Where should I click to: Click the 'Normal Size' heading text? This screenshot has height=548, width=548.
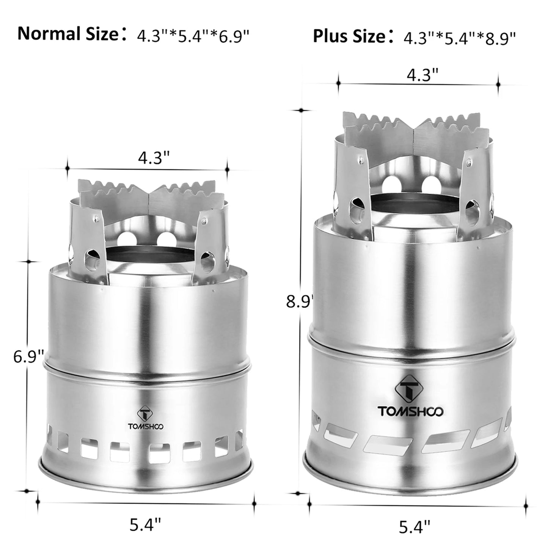[68, 34]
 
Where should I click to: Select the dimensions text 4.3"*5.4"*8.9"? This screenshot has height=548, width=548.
[459, 38]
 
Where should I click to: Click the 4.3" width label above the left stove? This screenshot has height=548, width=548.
[153, 158]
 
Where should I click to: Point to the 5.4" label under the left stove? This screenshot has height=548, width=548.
[145, 525]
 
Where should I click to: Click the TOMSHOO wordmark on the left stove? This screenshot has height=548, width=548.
[146, 426]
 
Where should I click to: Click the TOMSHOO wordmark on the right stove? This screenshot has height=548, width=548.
[410, 411]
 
